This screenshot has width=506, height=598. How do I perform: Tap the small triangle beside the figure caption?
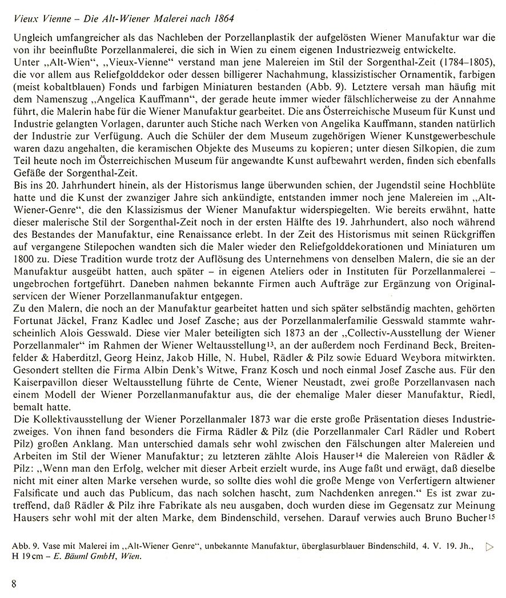click(489, 547)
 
